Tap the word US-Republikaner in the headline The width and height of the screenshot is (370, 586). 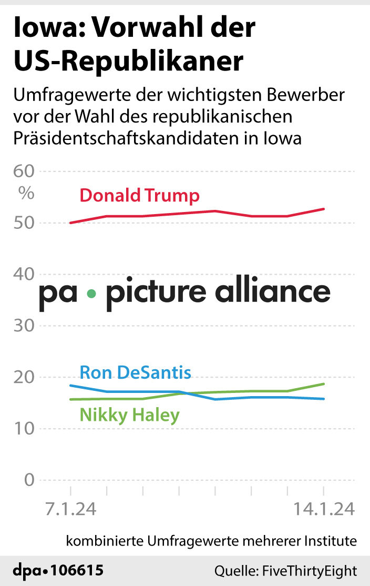(x=128, y=62)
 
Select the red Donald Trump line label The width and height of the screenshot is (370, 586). (x=139, y=196)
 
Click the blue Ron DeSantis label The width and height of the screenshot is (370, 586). (x=135, y=373)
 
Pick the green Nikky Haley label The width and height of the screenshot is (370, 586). (x=129, y=415)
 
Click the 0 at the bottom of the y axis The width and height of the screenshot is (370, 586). (x=28, y=480)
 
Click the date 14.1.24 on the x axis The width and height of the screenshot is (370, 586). (x=323, y=509)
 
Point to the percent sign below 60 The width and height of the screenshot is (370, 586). (x=26, y=193)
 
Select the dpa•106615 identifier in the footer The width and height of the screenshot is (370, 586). (x=58, y=570)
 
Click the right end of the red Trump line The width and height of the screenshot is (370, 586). (x=324, y=209)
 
